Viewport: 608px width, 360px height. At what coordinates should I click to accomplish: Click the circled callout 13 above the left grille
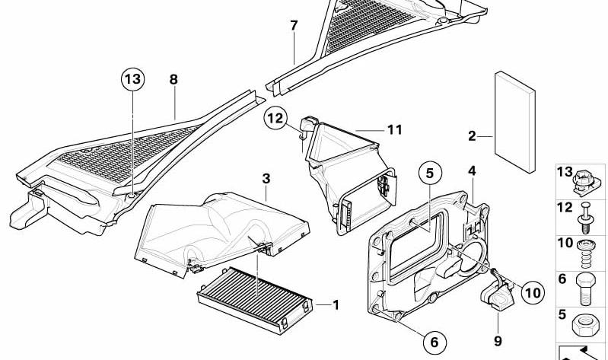(x=131, y=78)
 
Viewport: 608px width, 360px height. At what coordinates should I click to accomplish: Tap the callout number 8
(x=173, y=79)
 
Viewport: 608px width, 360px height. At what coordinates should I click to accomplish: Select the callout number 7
(x=294, y=26)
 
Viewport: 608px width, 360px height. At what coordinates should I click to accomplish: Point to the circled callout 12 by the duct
(x=275, y=118)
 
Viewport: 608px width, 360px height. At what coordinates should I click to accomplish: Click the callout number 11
(x=393, y=129)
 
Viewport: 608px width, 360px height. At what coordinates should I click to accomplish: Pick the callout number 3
(x=266, y=179)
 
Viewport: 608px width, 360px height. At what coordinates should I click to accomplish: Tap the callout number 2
(x=473, y=136)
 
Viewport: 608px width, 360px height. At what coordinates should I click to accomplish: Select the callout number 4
(x=472, y=171)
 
